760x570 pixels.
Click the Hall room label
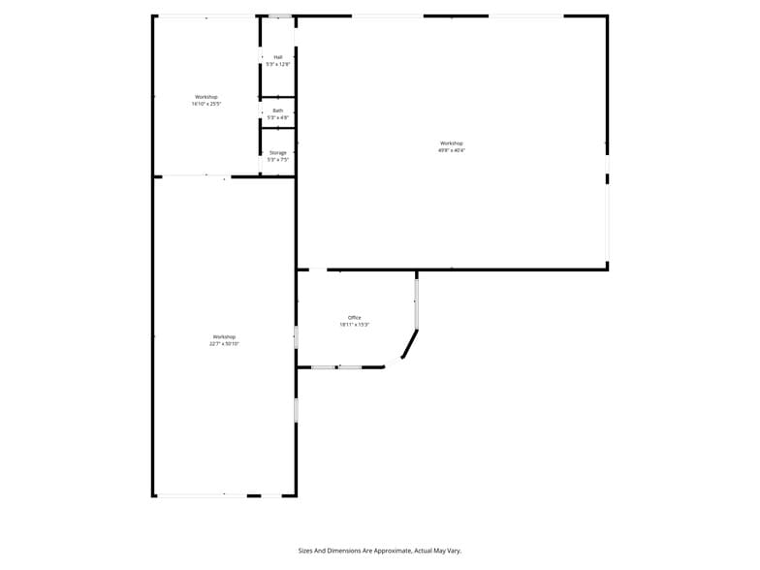278,57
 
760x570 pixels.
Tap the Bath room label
278,111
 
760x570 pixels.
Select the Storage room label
278,152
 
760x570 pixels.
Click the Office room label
355,318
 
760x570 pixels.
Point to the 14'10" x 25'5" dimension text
206,104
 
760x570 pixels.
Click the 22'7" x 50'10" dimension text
224,343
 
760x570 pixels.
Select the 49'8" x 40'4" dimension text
452,150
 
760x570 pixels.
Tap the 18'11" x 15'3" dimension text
355,325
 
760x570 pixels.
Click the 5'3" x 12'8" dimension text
278,64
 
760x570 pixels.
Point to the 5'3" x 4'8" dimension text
278,117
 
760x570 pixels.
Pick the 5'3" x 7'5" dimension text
278,159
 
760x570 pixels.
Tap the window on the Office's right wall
417,303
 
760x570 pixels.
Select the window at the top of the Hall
279,16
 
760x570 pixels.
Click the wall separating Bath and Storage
278,128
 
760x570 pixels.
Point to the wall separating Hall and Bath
278,97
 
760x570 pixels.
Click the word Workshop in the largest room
452,143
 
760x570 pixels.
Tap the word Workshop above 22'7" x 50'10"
224,336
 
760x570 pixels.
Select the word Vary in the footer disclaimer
455,550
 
